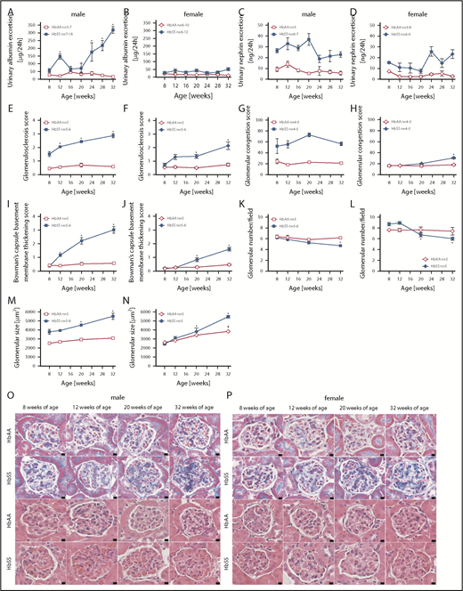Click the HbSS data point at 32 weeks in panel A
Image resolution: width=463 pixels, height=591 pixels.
[x=113, y=29]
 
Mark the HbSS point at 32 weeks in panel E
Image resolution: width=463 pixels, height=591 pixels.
[x=113, y=135]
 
